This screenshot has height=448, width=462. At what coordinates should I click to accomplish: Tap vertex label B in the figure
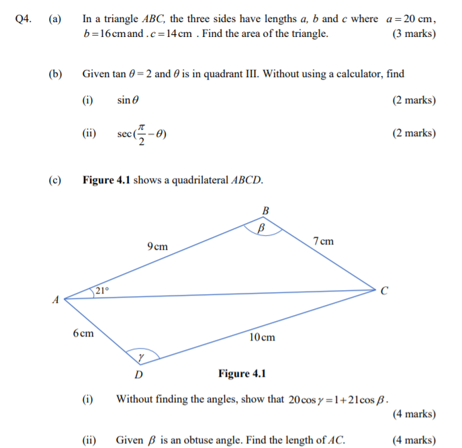(x=265, y=211)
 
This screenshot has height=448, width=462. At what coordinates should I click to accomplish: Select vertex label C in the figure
(x=384, y=291)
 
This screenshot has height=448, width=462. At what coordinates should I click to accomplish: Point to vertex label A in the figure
(x=56, y=300)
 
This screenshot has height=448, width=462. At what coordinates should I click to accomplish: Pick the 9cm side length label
(x=157, y=247)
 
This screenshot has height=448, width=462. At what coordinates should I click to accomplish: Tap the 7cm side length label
(x=323, y=241)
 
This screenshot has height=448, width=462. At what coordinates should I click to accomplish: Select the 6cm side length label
(x=84, y=333)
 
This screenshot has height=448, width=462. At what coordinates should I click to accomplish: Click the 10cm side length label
(x=262, y=337)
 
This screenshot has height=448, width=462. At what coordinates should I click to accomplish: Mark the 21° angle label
(x=101, y=290)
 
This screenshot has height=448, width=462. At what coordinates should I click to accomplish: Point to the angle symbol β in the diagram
(x=263, y=228)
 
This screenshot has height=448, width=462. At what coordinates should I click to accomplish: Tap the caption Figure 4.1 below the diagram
(x=242, y=373)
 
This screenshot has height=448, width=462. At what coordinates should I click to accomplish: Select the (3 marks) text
(x=413, y=34)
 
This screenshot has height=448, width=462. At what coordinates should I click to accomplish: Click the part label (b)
(x=54, y=74)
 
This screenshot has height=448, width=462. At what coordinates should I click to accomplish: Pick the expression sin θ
(x=128, y=100)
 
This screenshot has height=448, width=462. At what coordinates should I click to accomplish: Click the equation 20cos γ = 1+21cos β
(x=338, y=400)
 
